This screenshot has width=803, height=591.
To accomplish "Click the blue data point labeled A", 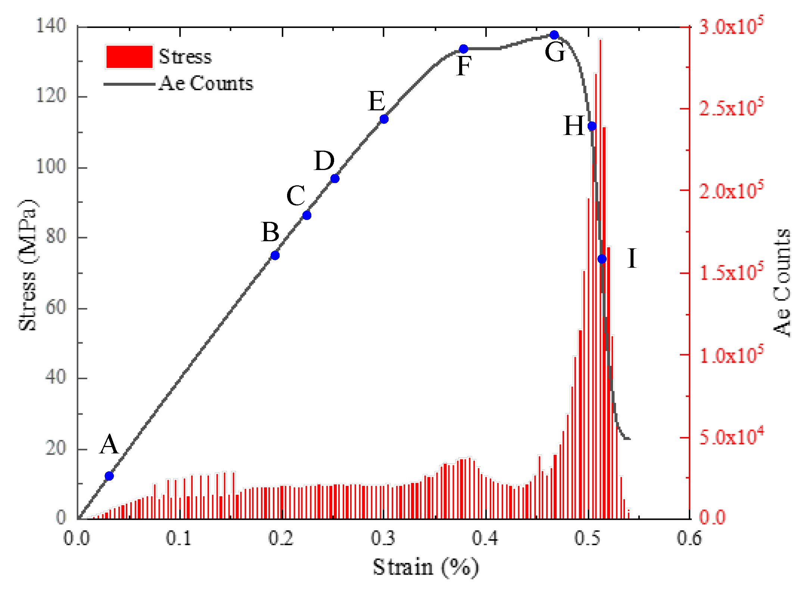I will (109, 476).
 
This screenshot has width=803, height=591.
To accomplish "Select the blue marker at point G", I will (554, 35).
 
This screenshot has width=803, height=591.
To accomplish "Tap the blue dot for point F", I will (463, 49).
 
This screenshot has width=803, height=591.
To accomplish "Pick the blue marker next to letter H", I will (592, 126).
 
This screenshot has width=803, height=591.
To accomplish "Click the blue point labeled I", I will (602, 259).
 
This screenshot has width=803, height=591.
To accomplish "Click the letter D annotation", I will (324, 161).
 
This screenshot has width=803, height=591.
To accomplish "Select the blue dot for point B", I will (275, 255).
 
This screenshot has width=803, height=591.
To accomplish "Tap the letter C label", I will (296, 195).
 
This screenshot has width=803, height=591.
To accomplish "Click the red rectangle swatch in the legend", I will (129, 57).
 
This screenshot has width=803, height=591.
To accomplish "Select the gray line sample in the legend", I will (129, 84).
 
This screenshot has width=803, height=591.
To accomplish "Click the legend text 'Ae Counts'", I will (206, 83).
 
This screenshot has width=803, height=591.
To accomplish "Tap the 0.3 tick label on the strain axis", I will (383, 538).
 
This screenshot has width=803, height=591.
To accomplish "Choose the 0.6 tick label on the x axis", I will (689, 538).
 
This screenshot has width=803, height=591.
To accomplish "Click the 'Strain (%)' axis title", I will (426, 567).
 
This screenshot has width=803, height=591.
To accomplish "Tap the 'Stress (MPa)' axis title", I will (28, 265).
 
